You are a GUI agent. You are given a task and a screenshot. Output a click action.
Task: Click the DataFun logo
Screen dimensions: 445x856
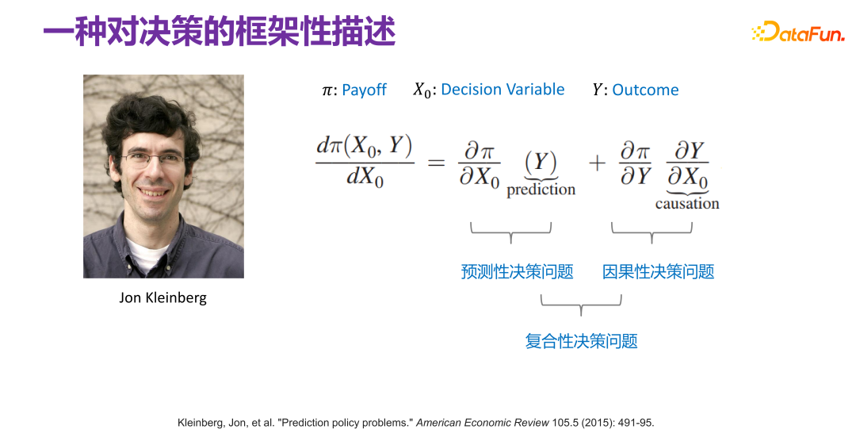(x=797, y=33)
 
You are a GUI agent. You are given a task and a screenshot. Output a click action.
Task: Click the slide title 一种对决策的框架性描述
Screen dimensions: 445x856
(x=219, y=33)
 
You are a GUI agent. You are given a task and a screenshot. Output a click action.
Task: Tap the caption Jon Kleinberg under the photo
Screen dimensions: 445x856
(x=162, y=298)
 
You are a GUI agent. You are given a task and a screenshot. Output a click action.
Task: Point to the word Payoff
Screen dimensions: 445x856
(x=364, y=90)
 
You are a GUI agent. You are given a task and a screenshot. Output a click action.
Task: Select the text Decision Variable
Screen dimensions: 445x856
(x=503, y=90)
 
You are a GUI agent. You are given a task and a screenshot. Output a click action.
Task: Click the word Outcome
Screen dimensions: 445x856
(x=645, y=90)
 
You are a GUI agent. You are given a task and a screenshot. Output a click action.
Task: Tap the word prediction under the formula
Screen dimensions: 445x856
(x=541, y=190)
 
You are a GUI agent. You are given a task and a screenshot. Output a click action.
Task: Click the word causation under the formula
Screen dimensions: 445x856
(x=687, y=204)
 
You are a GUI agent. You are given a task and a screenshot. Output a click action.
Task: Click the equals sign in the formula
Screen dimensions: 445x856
(x=437, y=163)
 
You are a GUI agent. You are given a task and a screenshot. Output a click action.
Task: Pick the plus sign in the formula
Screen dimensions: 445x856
(x=596, y=163)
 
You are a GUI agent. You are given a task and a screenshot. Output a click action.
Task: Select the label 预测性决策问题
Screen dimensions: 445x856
(x=517, y=272)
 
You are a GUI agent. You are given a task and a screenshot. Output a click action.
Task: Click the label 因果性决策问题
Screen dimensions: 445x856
(x=658, y=272)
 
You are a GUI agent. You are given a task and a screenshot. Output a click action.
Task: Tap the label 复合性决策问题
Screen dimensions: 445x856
(x=581, y=342)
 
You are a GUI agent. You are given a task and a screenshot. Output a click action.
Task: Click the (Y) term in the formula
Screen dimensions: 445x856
(x=541, y=162)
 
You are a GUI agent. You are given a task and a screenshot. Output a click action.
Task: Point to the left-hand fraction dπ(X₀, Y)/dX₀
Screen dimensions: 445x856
(x=365, y=163)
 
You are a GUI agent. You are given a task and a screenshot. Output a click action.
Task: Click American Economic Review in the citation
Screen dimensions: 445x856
(x=482, y=423)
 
